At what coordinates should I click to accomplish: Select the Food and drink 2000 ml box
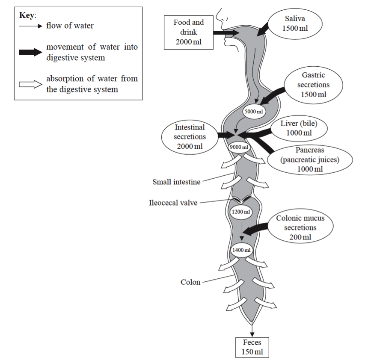pyautogui.click(x=188, y=32)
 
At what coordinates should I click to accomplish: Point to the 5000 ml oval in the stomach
pyautogui.click(x=252, y=112)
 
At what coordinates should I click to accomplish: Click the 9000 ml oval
pyautogui.click(x=239, y=147)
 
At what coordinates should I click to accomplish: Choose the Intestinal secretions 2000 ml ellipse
pyautogui.click(x=190, y=137)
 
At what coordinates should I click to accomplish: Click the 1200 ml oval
pyautogui.click(x=240, y=212)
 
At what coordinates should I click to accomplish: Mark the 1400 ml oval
pyautogui.click(x=242, y=250)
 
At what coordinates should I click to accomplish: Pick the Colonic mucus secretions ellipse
pyautogui.click(x=300, y=227)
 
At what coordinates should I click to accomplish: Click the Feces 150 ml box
pyautogui.click(x=252, y=347)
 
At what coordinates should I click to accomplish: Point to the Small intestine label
pyautogui.click(x=176, y=182)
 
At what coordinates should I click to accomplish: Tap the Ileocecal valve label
pyautogui.click(x=173, y=203)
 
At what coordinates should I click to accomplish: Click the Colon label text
pyautogui.click(x=190, y=282)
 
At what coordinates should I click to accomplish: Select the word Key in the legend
pyautogui.click(x=27, y=15)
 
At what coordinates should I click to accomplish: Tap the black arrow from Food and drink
pyautogui.click(x=224, y=32)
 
